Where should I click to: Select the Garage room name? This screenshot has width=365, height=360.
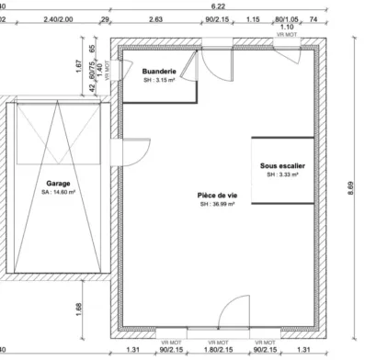(58, 183)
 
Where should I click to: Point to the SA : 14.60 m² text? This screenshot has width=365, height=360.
(58, 194)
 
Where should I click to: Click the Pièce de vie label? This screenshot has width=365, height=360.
(217, 194)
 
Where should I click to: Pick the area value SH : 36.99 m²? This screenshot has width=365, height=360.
(217, 204)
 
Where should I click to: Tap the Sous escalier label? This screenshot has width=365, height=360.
(283, 164)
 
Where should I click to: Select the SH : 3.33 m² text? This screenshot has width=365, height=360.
(283, 174)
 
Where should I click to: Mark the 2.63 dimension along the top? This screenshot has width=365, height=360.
(155, 18)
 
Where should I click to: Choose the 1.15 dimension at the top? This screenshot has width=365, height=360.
(253, 18)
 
